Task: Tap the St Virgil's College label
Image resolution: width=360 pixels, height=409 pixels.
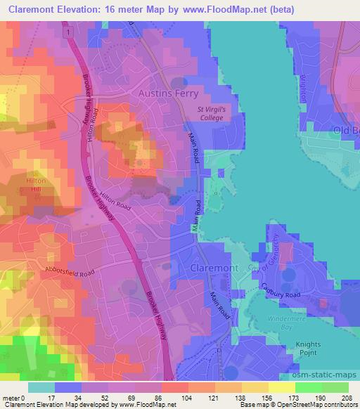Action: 219,113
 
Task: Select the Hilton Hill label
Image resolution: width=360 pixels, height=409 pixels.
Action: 35,185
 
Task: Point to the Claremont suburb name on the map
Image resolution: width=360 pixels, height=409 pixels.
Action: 218,268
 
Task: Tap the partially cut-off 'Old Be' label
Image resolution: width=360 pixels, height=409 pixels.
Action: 345,131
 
